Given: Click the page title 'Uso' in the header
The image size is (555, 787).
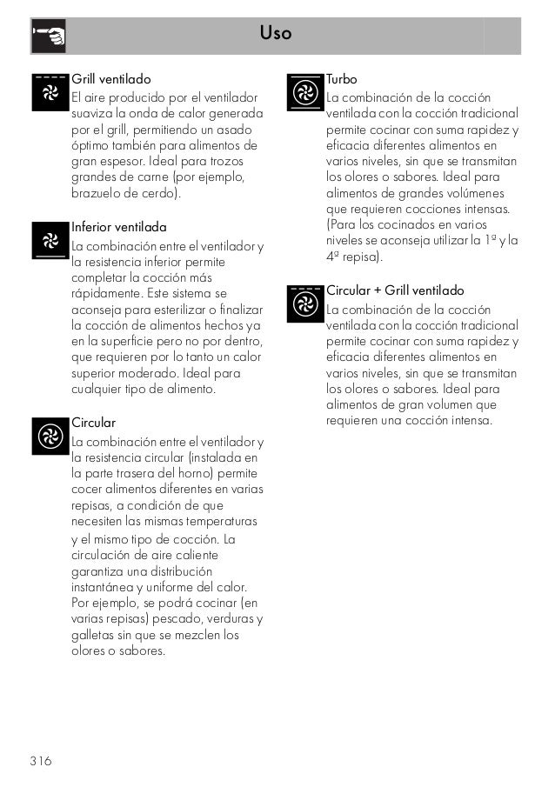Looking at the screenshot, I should [x=275, y=34].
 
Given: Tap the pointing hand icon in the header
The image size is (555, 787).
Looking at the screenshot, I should [x=49, y=35].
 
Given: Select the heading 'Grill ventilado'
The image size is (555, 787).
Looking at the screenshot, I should [x=110, y=78].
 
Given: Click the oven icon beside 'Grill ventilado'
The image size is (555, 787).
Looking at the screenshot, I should [x=50, y=92].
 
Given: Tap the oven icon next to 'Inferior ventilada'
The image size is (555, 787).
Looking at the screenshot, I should [x=50, y=241].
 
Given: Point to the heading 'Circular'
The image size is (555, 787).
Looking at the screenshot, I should [x=93, y=423].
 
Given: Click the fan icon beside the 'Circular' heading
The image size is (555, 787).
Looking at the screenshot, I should [x=50, y=437].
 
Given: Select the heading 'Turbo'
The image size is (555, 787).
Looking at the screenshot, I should [x=341, y=78].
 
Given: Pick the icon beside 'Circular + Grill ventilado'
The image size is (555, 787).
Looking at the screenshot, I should [x=304, y=303].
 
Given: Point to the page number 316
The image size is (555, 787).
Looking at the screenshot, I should [x=39, y=762].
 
